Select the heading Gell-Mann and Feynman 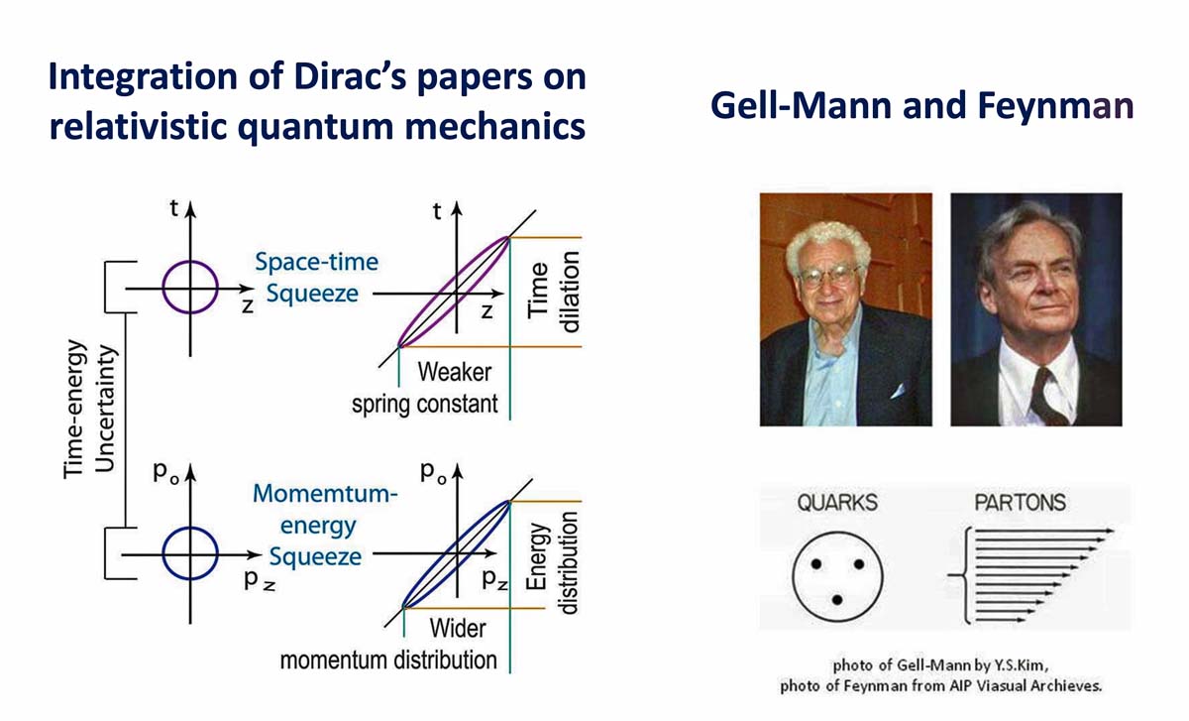(x=922, y=106)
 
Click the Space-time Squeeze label (x=316, y=278)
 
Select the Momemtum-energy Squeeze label (x=324, y=525)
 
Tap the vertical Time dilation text (x=553, y=292)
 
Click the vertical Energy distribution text (x=551, y=562)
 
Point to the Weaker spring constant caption (x=425, y=388)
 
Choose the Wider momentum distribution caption (x=388, y=645)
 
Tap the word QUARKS (x=837, y=503)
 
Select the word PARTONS (x=1020, y=503)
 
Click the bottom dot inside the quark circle (x=837, y=600)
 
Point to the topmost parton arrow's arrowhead (x=1110, y=531)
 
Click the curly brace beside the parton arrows (x=961, y=575)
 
